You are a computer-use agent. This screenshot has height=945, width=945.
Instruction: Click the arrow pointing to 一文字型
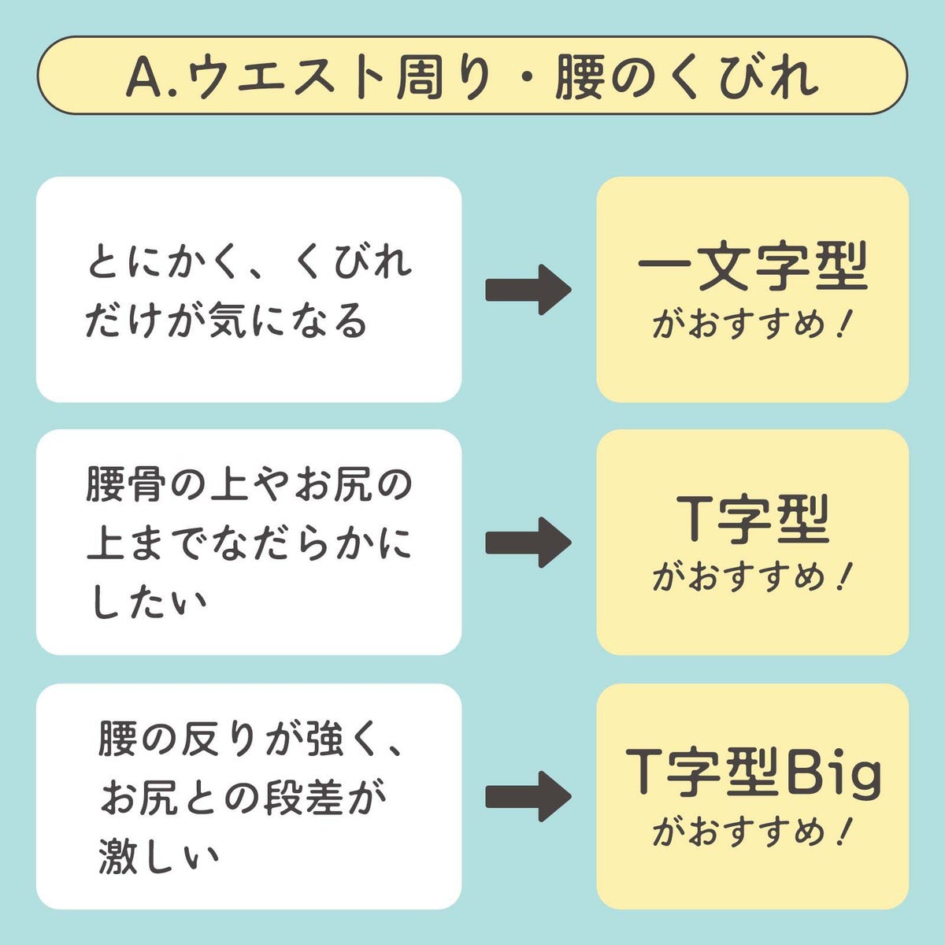[528, 290]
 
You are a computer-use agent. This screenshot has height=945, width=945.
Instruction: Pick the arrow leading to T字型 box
[528, 542]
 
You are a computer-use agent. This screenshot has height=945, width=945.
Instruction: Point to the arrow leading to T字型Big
[528, 796]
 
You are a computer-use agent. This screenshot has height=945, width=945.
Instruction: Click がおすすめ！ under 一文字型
[752, 325]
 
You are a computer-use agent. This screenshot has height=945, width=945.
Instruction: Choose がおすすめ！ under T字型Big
[752, 832]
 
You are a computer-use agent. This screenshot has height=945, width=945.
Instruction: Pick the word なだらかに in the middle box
[312, 545]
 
